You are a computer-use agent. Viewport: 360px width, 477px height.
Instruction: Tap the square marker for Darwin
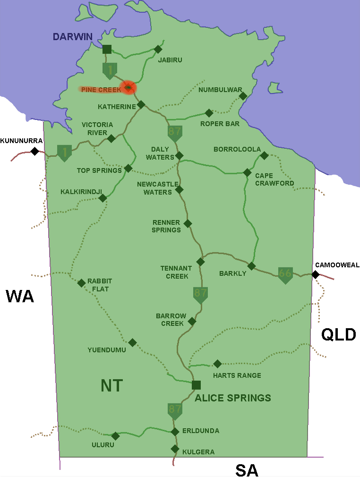[x=107, y=49]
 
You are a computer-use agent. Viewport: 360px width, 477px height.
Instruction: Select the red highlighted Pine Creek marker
[x=128, y=88]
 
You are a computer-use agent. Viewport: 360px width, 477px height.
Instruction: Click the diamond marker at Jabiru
[x=158, y=49]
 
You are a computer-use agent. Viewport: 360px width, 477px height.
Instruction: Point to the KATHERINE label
[x=117, y=107]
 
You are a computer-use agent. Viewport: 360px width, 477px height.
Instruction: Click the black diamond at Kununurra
[x=34, y=151]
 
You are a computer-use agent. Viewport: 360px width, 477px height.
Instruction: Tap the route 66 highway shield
[x=285, y=274]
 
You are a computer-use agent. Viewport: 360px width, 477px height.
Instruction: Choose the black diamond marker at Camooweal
[x=315, y=274]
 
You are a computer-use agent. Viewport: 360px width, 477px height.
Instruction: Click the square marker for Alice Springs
[x=196, y=385]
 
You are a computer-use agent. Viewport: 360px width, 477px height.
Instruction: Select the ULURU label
[x=103, y=445]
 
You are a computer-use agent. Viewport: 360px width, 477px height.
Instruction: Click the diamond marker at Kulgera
[x=175, y=449]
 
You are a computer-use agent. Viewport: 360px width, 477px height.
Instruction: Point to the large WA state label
[x=20, y=297]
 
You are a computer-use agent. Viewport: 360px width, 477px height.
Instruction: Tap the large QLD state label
[x=338, y=334]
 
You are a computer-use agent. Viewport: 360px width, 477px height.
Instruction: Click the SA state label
[x=248, y=470]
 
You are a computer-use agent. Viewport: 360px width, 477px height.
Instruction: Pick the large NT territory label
[x=112, y=385]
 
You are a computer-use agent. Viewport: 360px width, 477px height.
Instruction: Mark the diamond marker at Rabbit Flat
[x=81, y=283]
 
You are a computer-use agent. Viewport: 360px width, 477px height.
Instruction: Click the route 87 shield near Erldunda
[x=175, y=410]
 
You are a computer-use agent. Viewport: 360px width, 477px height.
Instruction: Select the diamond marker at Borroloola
[x=264, y=155]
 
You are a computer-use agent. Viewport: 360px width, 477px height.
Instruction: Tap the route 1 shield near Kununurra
[x=64, y=152]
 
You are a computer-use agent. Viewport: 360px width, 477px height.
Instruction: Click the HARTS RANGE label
[x=237, y=376]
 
